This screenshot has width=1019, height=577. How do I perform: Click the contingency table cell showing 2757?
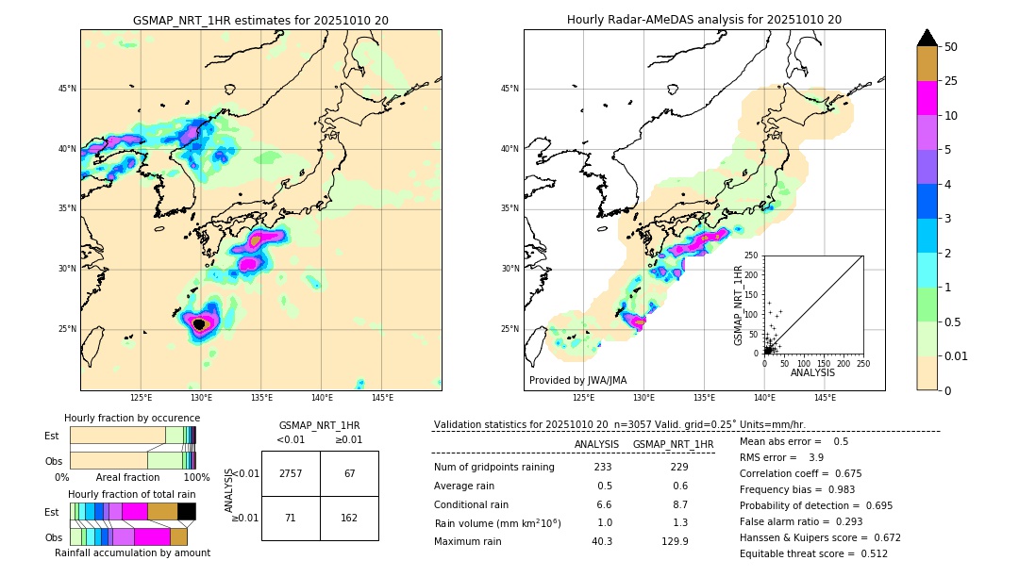coord(291,473)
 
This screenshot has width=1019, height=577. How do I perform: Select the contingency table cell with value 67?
coord(349,473)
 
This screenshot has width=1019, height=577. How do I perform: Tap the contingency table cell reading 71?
coord(291,518)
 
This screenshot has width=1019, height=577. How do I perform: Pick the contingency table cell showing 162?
coord(349,518)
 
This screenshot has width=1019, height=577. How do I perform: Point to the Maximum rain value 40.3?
coord(602,541)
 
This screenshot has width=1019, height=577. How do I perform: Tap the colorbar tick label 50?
coord(951,46)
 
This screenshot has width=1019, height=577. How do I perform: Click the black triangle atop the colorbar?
coord(927,38)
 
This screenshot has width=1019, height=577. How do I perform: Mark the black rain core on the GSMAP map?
coord(199,324)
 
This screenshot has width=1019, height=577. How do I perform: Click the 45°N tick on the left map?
coord(67,89)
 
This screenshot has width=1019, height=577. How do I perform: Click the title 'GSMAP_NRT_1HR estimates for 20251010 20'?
coord(260,20)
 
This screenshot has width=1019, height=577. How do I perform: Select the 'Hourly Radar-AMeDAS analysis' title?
coord(704,20)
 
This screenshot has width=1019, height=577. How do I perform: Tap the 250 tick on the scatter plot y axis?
coord(751,256)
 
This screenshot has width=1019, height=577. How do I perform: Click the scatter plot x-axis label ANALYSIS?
coord(812,372)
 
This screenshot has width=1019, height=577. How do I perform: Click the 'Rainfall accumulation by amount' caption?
coord(132,552)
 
